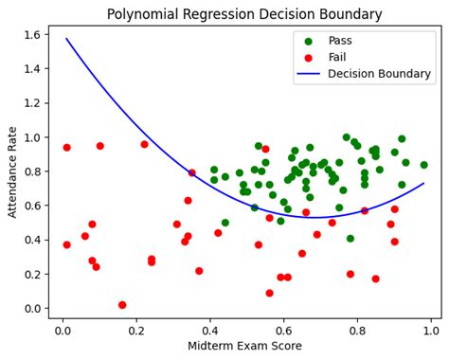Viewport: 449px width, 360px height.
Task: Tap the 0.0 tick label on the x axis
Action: (63, 331)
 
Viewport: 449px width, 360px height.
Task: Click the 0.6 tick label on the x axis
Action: (284, 331)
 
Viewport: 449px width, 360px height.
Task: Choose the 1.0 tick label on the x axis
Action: (432, 331)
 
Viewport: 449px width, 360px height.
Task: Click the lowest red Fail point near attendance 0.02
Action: (122, 305)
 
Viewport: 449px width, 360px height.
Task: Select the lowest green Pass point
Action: (350, 239)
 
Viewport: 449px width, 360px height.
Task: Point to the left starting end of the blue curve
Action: (66, 39)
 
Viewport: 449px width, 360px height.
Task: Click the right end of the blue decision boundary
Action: (424, 183)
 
